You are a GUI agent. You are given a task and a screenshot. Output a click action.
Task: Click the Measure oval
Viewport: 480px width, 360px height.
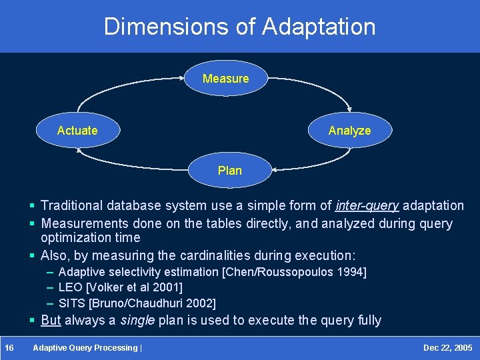[225, 79]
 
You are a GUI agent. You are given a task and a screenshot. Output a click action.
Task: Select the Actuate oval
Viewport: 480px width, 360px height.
[77, 131]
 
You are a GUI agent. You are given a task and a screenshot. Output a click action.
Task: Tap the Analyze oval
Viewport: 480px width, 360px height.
[349, 131]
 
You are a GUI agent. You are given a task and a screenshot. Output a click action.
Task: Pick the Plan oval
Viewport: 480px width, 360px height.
[230, 171]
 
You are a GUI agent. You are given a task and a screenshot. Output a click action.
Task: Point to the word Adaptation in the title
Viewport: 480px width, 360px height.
[319, 27]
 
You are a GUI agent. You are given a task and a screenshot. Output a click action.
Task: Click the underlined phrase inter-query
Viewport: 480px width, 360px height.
[367, 205]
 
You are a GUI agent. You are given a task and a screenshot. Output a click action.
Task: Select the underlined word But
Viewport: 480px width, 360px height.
[51, 320]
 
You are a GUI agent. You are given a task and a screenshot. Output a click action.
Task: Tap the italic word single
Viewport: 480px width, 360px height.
[137, 320]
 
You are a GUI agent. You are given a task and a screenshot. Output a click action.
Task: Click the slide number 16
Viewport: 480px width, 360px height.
[9, 348]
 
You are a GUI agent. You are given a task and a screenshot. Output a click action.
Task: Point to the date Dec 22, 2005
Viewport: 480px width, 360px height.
[447, 348]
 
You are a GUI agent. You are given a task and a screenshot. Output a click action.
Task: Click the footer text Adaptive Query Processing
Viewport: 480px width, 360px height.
[85, 348]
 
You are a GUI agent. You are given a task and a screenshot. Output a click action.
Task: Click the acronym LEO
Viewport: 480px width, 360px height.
[70, 287]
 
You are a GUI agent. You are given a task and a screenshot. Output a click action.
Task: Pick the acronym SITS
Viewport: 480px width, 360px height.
[71, 303]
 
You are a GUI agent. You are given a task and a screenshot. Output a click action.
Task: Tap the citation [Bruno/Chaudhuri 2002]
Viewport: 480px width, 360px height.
[152, 303]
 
